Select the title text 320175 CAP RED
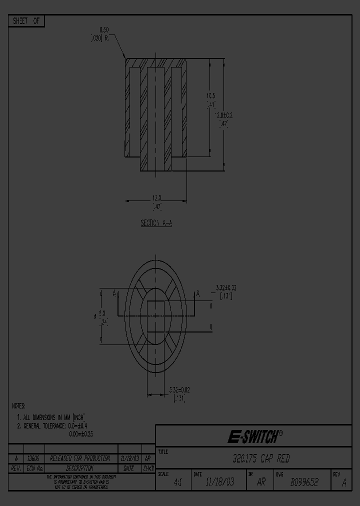point(261,458)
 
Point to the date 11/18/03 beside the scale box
point(219,483)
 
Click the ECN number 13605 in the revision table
point(34,458)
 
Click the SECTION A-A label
point(156,223)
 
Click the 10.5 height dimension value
point(211,95)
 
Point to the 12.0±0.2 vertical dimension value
point(224,115)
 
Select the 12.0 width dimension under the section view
point(156,197)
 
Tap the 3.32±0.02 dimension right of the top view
point(226,287)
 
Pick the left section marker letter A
point(114,293)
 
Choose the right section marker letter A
point(197,293)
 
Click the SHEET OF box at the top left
point(26,21)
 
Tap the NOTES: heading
point(18,406)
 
